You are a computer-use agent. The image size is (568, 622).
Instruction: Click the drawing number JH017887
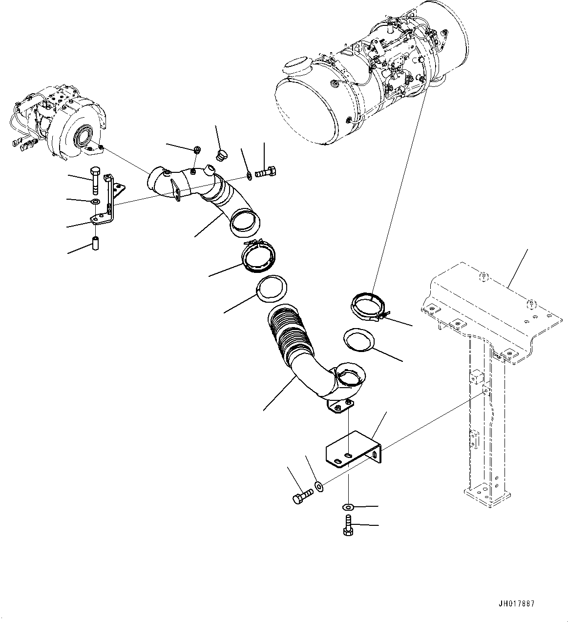(516, 603)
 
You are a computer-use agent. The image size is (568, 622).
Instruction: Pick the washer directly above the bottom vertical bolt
(349, 507)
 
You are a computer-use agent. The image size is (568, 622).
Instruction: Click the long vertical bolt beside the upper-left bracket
(95, 180)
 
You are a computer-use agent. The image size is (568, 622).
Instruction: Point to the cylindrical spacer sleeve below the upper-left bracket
(96, 242)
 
